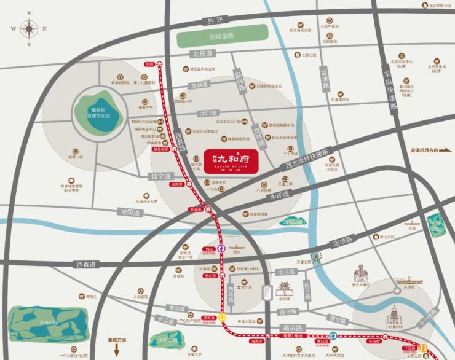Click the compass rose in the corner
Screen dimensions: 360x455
28,28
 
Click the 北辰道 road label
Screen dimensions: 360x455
201,54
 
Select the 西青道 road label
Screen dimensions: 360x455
87,265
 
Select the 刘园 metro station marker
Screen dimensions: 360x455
159,63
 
